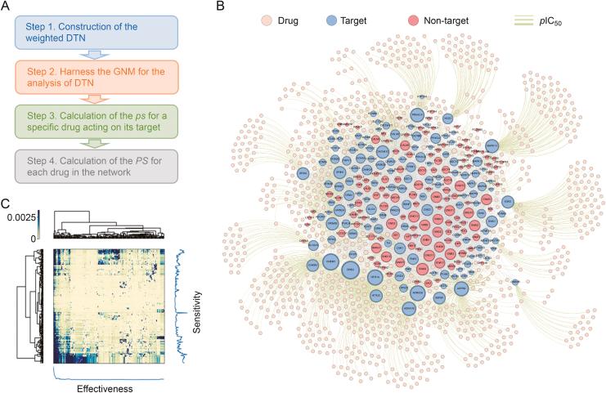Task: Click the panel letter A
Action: tap(7, 8)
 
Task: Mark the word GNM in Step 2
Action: tap(119, 72)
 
